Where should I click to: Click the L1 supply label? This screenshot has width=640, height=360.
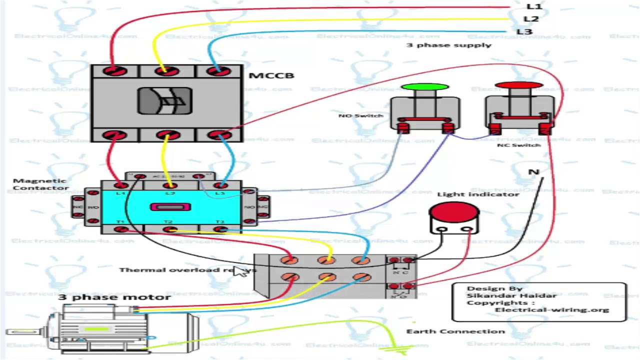pos(533,6)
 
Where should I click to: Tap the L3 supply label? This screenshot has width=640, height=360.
pos(524,31)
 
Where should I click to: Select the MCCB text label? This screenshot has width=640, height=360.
pos(271,75)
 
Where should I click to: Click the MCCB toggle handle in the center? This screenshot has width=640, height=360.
pos(165,101)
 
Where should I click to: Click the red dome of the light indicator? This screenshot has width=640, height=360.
pos(454,211)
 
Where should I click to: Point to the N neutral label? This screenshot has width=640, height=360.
pos(533,172)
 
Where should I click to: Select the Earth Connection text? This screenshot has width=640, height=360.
pos(455,331)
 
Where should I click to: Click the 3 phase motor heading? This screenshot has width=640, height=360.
pos(114,297)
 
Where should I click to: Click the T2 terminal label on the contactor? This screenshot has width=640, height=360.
pos(168,222)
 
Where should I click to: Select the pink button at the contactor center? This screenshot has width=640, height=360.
pos(170,206)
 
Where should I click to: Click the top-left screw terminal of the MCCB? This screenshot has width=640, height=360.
pos(115,71)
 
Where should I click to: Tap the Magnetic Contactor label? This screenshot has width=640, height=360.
pos(40,184)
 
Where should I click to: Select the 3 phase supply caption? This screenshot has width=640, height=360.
pos(448,45)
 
